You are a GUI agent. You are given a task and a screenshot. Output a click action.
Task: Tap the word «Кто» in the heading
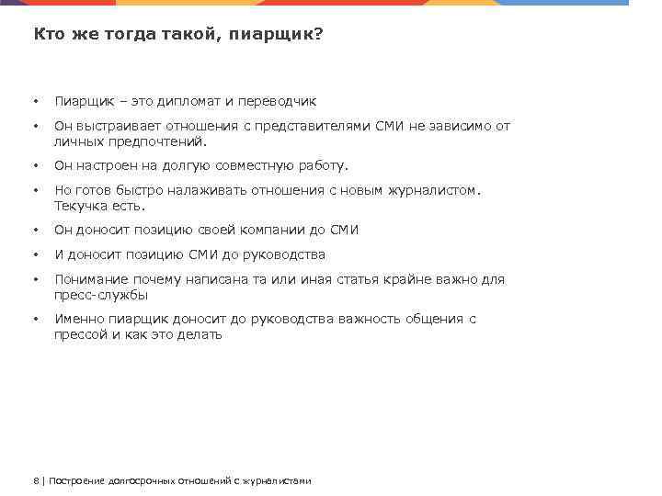48,34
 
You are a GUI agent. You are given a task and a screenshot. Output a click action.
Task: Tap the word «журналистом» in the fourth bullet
433,190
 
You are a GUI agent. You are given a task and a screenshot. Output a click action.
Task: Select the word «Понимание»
89,279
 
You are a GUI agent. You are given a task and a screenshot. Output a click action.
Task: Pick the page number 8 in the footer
35,480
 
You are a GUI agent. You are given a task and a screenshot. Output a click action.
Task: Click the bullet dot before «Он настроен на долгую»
35,166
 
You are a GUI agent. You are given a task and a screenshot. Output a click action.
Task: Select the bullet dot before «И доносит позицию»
35,255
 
